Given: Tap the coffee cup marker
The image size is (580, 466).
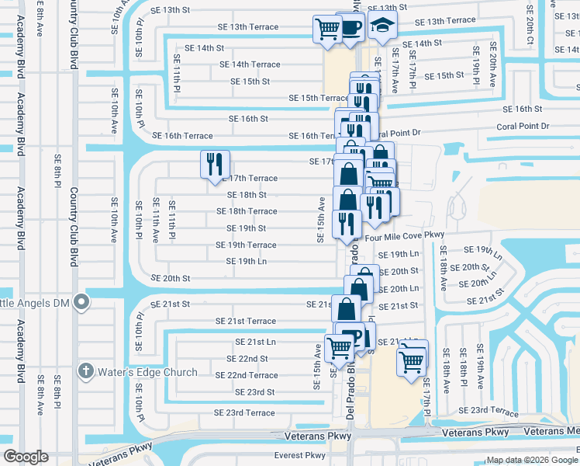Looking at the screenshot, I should point(353,29).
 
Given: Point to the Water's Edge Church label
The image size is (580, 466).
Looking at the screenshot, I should point(147,372).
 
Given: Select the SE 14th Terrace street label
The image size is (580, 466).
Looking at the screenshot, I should point(250,64).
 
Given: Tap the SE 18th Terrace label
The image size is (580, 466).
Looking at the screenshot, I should point(247,211).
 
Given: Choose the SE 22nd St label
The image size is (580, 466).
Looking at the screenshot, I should point(247,359).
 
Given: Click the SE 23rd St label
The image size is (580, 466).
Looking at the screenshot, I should point(250,392).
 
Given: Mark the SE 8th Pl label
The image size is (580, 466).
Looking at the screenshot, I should point(58,171).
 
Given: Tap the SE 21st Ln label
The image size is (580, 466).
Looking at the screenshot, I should point(255,342).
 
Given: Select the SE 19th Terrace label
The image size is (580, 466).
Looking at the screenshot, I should point(246,245).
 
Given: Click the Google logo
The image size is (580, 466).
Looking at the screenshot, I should point(26,457).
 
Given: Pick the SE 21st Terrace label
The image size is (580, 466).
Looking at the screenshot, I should point(246,321).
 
